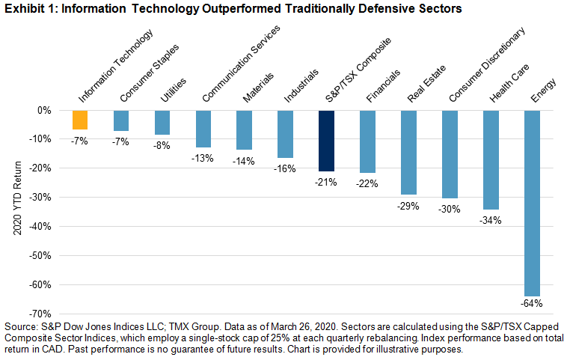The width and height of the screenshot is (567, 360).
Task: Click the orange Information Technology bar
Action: (80, 120)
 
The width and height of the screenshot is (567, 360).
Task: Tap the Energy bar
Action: (532, 202)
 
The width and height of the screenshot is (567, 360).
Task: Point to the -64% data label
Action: (533, 303)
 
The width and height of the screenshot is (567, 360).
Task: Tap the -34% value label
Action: (491, 220)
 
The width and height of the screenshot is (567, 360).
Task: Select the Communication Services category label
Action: (240, 64)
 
